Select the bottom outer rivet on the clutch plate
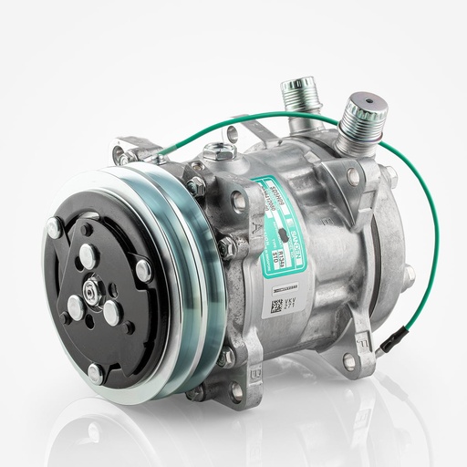pos(95,372)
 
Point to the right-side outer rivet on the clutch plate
pos(143,268)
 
